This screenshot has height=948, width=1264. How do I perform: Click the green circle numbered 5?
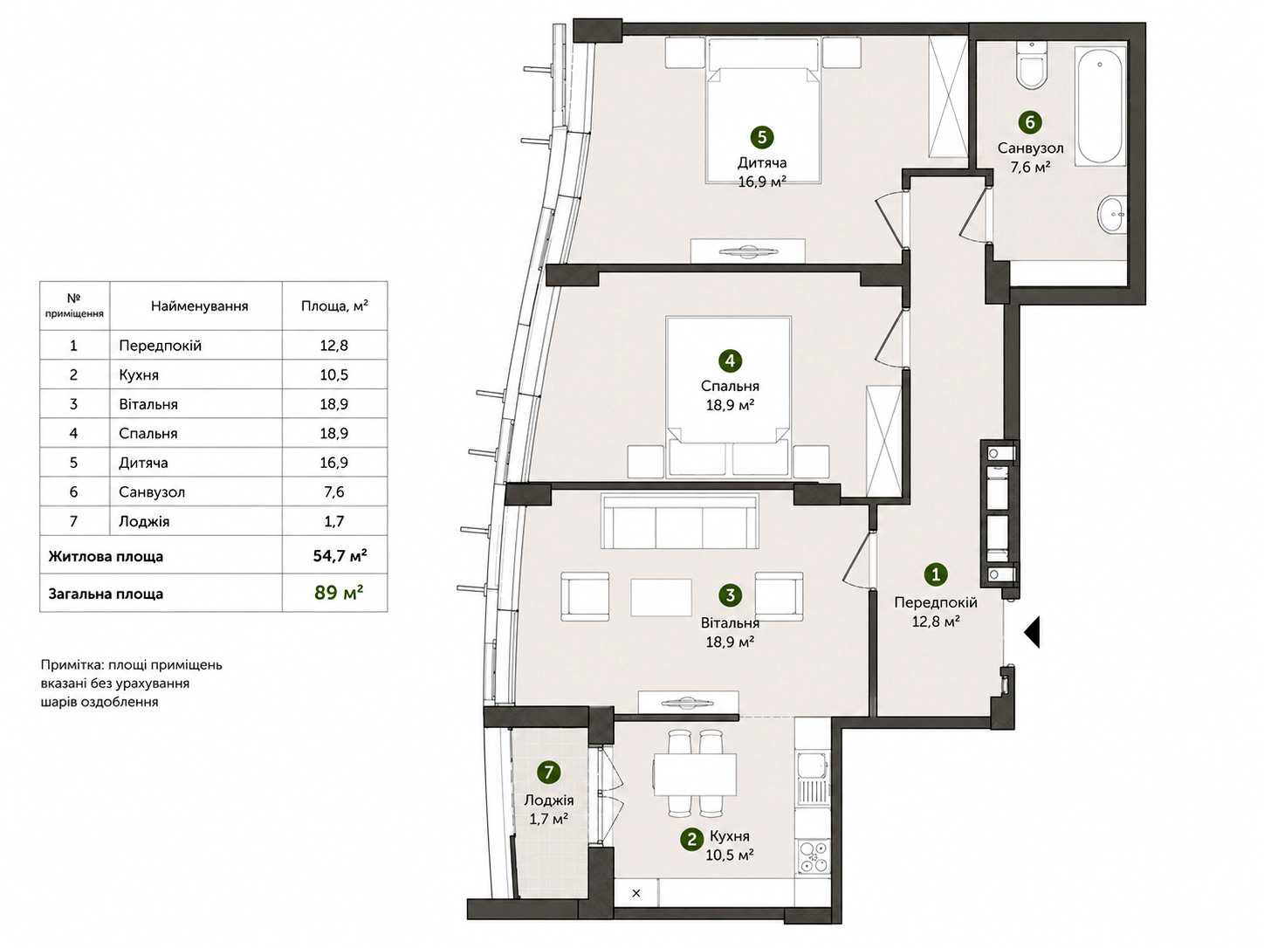(762, 138)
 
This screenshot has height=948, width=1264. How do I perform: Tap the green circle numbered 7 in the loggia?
(548, 773)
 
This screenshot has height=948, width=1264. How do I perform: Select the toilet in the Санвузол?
(1030, 68)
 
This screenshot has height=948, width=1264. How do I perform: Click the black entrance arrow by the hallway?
(1032, 632)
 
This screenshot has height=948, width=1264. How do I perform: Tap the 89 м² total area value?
(339, 593)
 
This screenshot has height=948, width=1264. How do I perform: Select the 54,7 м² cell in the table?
(340, 556)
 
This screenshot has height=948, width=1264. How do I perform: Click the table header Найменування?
(199, 306)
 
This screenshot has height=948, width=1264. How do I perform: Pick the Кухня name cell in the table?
(139, 375)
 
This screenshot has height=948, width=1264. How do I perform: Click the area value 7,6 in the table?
(334, 492)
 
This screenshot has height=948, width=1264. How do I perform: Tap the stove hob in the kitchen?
(813, 859)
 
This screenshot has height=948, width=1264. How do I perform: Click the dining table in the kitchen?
(695, 773)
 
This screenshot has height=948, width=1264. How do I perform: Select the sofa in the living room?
(679, 521)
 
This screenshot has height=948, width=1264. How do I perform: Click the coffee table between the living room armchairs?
(661, 597)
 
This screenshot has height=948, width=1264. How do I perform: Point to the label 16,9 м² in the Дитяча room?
(762, 182)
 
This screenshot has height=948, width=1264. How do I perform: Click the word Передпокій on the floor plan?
(936, 602)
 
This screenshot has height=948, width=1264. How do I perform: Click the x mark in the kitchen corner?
(636, 893)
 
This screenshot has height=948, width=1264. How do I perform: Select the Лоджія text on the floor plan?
(548, 800)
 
